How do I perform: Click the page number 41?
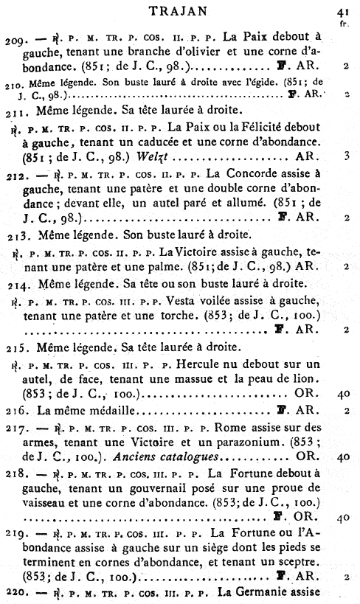click(x=342, y=12)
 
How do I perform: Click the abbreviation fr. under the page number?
click(x=344, y=23)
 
